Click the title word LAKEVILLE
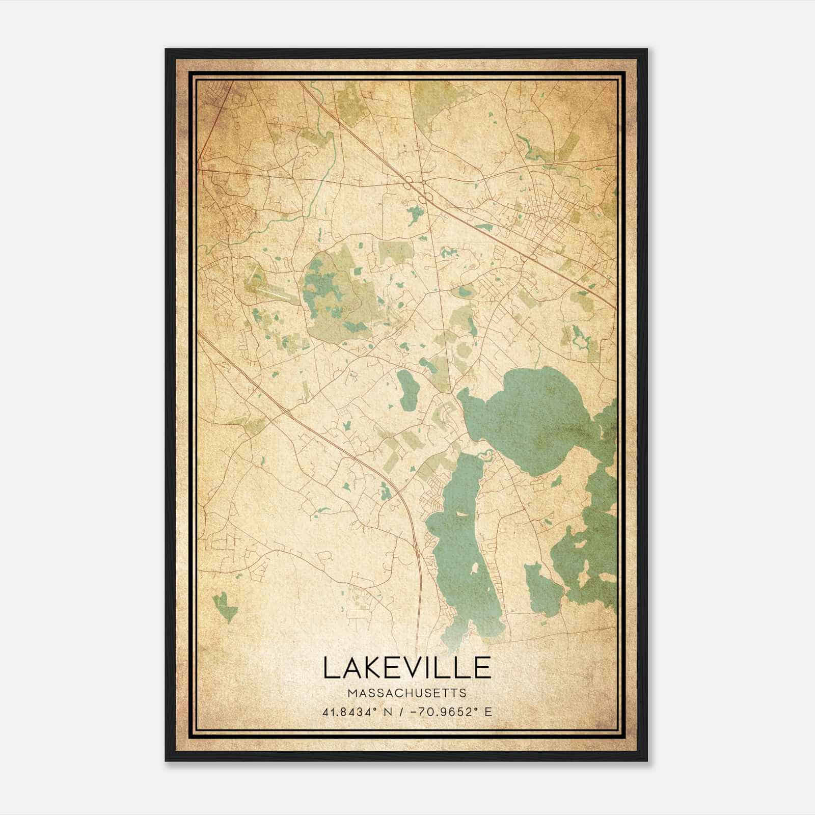pos(406,668)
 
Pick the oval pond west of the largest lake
pos(407,390)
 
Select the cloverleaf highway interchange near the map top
pos(418,188)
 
